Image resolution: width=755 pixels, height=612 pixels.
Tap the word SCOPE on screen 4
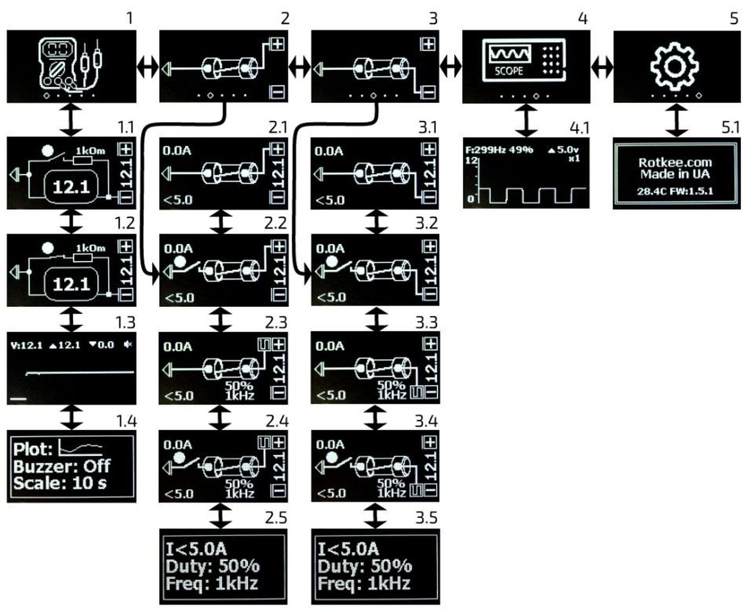click(509, 71)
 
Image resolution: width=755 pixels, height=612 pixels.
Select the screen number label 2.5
click(276, 518)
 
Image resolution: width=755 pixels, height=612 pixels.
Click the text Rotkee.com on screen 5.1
click(675, 162)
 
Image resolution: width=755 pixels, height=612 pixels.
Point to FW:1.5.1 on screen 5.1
click(698, 191)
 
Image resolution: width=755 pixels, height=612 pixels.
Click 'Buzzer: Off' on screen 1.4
click(61, 466)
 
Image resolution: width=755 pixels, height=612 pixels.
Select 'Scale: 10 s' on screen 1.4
click(59, 483)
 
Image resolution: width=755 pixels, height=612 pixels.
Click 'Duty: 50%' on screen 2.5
click(212, 566)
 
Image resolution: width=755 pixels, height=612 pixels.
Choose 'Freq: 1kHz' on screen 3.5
click(364, 583)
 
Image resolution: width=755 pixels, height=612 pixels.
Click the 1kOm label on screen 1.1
click(90, 151)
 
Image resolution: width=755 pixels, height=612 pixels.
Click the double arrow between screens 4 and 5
click(602, 68)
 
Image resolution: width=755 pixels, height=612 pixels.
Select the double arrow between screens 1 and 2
click(147, 68)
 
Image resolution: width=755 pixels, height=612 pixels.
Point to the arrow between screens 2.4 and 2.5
click(221, 515)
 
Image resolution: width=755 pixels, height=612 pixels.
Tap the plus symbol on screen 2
click(277, 44)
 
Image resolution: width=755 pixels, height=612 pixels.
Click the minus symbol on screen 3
click(428, 92)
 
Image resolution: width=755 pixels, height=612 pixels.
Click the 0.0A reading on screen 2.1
click(177, 150)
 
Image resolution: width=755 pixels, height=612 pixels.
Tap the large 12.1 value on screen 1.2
click(71, 284)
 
